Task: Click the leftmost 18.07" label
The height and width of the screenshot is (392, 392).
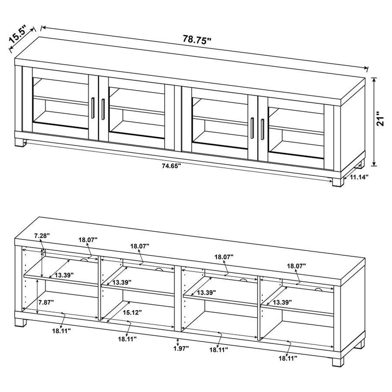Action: click(x=88, y=240)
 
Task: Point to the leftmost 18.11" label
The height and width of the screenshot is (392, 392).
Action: click(x=63, y=331)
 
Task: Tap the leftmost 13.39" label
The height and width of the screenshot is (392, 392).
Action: click(x=64, y=275)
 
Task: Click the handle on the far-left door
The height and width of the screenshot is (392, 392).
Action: click(x=93, y=107)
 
